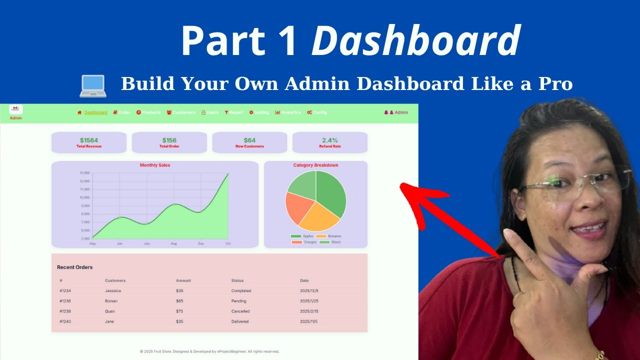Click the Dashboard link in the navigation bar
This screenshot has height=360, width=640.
click(95, 112)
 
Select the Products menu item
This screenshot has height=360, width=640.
click(151, 112)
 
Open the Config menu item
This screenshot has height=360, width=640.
click(319, 112)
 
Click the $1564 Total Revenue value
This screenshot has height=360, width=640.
click(89, 140)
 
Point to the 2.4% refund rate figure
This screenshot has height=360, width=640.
click(330, 140)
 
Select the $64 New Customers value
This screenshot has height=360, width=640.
click(249, 140)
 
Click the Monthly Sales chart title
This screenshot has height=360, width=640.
click(155, 165)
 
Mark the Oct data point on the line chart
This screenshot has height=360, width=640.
click(228, 174)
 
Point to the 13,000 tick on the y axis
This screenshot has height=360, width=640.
click(84, 173)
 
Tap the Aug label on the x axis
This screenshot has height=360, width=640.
click(173, 243)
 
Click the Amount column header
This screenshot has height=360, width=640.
click(183, 280)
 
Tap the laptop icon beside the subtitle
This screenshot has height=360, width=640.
click(93, 85)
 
